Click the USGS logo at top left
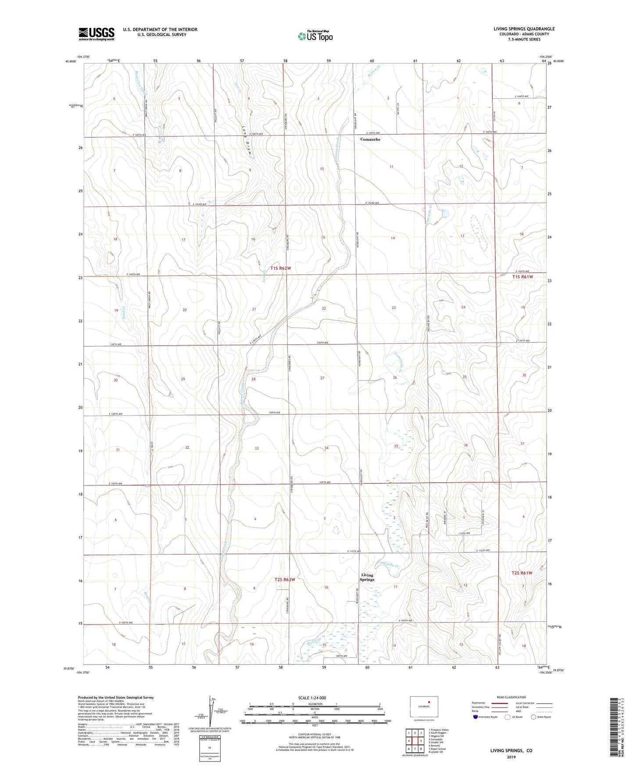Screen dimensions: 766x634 (96, 34)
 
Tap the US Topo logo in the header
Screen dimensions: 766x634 (315, 36)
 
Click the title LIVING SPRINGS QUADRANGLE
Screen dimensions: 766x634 (524, 29)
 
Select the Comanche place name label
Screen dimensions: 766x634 (370, 140)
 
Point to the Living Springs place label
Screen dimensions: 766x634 (367, 577)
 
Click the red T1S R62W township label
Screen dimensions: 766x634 (280, 268)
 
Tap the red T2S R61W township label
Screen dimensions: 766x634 (522, 573)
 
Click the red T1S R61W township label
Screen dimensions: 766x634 (523, 277)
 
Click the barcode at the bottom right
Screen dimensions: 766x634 (616, 728)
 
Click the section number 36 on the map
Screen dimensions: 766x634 (466, 445)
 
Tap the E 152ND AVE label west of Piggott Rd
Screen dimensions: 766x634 (200, 204)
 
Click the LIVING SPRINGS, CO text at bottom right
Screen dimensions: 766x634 (511, 751)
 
